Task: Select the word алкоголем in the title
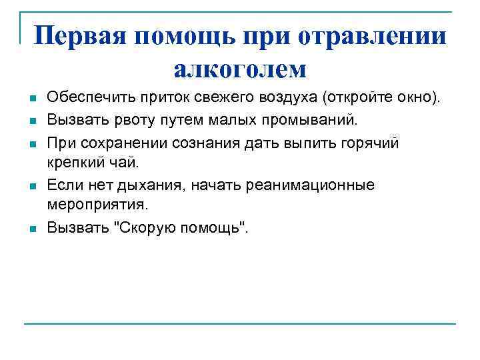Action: click(239, 68)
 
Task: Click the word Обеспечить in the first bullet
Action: click(84, 99)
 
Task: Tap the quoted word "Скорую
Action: click(139, 227)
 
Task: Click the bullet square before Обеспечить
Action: click(31, 100)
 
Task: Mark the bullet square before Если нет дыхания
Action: click(31, 187)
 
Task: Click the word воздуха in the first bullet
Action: click(288, 99)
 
